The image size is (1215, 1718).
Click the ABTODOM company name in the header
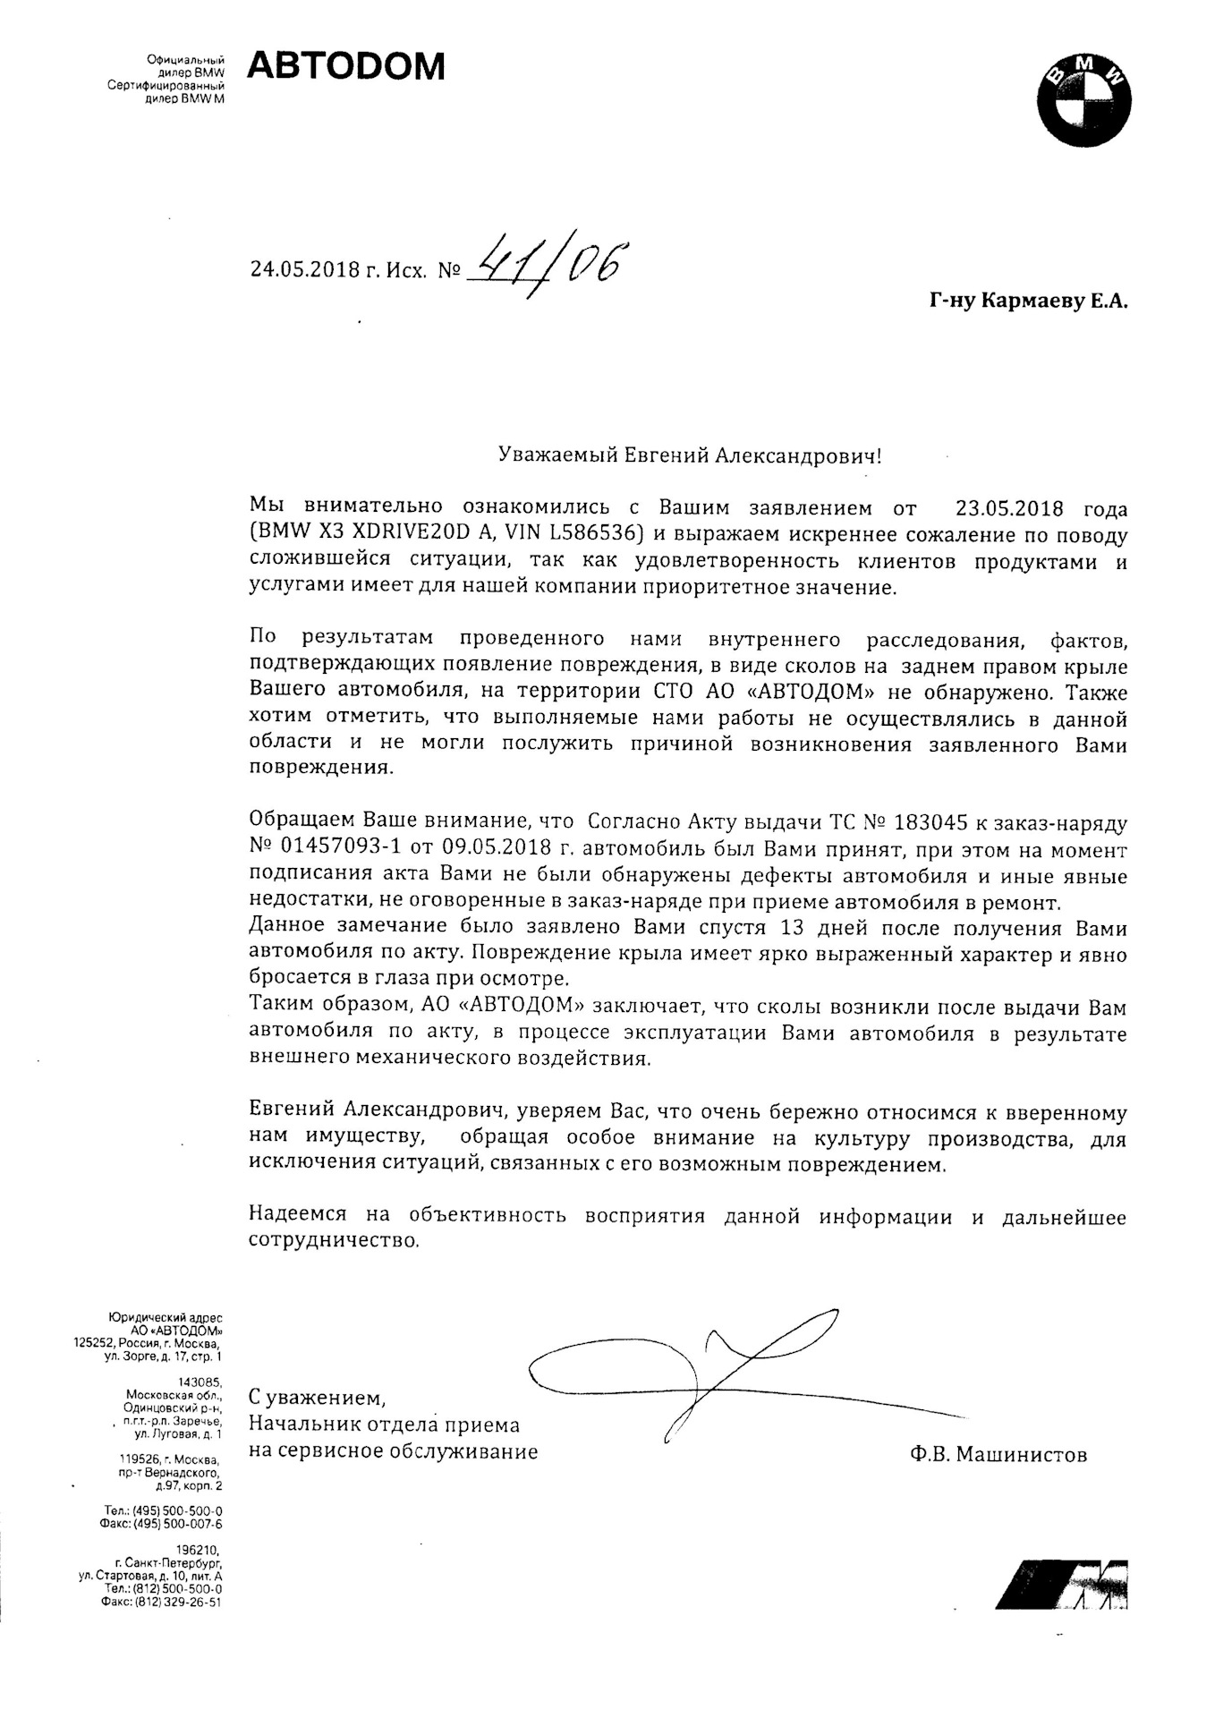[345, 67]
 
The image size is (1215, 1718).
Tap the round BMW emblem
[1084, 100]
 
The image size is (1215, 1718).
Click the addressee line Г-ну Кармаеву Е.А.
[1029, 302]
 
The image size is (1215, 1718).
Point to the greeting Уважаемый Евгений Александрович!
[689, 456]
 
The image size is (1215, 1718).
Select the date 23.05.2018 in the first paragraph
[1009, 509]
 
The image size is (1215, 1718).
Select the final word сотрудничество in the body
[333, 1241]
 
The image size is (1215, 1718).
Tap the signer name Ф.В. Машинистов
[998, 1454]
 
